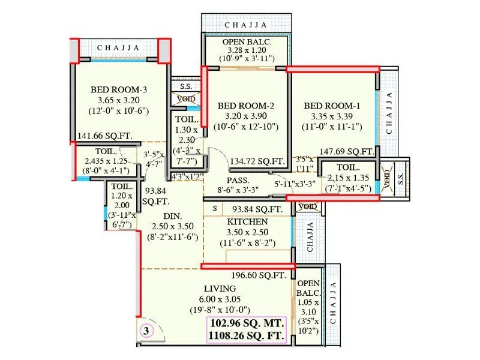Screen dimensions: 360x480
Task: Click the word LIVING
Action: pyautogui.click(x=219, y=288)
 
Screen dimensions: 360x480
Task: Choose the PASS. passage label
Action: pyautogui.click(x=238, y=180)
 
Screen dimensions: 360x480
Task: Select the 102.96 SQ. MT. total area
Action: pyautogui.click(x=247, y=323)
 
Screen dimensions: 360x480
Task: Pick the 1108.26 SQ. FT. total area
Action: pyautogui.click(x=247, y=336)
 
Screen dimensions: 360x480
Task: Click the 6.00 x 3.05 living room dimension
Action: pyautogui.click(x=219, y=299)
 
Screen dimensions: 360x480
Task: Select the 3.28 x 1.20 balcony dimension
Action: pyautogui.click(x=247, y=50)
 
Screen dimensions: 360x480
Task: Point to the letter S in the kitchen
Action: pyautogui.click(x=215, y=209)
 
